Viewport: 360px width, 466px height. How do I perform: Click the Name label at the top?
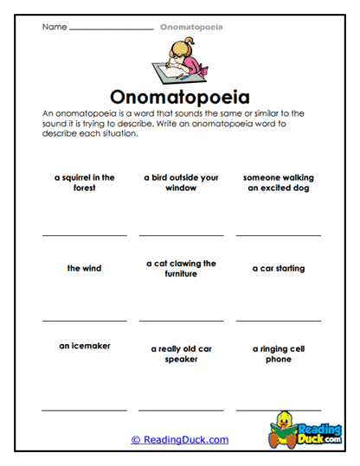pos(54,27)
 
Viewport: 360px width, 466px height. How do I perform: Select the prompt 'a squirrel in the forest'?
pos(84,182)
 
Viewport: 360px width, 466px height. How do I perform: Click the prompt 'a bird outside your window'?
pos(181,182)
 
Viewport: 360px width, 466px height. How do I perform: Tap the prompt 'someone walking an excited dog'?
pos(278,182)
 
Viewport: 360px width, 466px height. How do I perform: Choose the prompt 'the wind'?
pos(84,268)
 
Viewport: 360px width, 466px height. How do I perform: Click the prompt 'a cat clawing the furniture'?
pos(181,268)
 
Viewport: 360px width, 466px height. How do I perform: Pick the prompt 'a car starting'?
pos(278,268)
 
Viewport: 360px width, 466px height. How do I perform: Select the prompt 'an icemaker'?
pos(84,346)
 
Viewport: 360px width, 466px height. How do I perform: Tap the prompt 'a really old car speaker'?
pos(181,354)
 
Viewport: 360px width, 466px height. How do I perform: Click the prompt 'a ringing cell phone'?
pos(278,354)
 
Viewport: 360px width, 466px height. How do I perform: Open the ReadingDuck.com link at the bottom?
pos(180,439)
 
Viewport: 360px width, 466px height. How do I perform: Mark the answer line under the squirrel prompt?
pos(84,235)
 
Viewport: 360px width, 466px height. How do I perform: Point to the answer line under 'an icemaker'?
pos(84,409)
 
